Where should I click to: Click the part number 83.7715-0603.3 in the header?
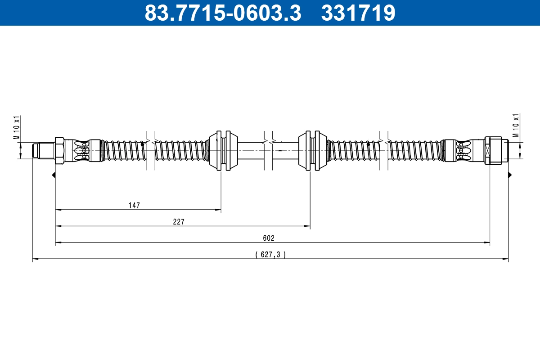pyautogui.click(x=222, y=13)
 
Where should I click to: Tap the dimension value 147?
pyautogui.click(x=134, y=205)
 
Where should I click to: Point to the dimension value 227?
pyautogui.click(x=179, y=221)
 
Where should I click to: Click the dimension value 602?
pyautogui.click(x=269, y=238)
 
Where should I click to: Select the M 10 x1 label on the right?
pyautogui.click(x=516, y=125)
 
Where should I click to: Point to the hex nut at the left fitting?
pyautogui.click(x=59, y=150)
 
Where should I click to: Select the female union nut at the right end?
pyautogui.click(x=493, y=150)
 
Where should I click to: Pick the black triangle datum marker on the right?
pyautogui.click(x=510, y=175)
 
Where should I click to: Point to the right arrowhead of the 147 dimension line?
pyautogui.click(x=219, y=210)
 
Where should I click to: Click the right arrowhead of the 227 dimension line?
pyautogui.click(x=308, y=226)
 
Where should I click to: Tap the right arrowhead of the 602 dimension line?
pyautogui.click(x=487, y=243)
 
